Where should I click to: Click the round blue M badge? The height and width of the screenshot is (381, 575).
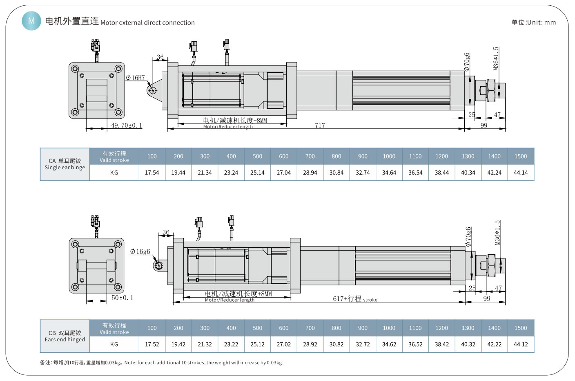point(31,20)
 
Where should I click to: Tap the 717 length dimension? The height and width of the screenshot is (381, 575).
point(320,126)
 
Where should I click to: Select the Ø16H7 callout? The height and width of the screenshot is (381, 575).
point(135,78)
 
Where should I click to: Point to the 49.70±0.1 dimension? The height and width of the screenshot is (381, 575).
point(127,126)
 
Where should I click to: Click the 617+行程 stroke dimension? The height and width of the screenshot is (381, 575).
point(354,299)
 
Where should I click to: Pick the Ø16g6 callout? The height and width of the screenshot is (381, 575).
point(140,252)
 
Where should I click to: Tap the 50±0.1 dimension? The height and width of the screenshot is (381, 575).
point(123,298)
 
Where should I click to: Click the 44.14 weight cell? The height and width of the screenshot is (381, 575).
point(521,173)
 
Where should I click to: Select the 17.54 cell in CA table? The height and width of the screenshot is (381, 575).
point(152,173)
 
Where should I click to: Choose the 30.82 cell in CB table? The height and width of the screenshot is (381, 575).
point(337,344)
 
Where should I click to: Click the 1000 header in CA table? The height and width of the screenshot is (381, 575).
point(389,156)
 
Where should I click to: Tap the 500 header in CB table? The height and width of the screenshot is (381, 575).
point(257,328)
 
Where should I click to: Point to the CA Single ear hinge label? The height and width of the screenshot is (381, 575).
point(65,164)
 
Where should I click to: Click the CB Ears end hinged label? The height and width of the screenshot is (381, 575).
point(65,336)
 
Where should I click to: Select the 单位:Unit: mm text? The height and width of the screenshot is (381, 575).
point(533,22)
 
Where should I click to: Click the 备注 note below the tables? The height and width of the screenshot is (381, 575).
point(161,363)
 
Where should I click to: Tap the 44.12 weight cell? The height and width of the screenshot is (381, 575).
point(521,344)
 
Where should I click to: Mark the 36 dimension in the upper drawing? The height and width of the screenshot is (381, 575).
point(160,57)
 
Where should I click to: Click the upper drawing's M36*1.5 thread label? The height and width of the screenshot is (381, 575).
point(496,58)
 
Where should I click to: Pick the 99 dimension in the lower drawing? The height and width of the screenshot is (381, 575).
point(486,299)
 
